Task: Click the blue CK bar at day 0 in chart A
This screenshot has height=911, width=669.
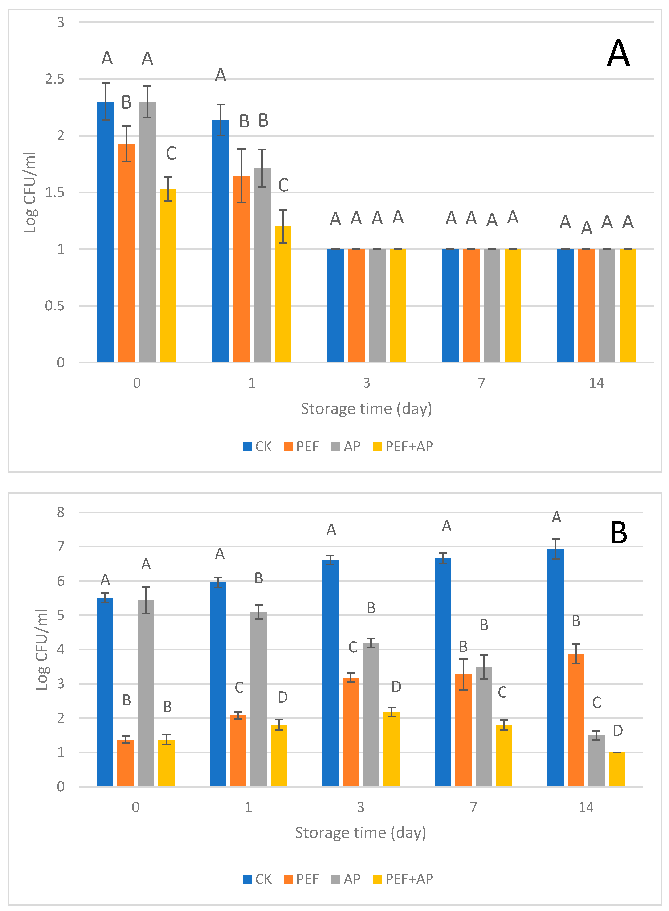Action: coord(106,232)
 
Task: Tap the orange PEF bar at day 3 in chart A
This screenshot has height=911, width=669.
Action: coord(356,305)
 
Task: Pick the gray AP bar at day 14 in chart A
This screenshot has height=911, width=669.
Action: coord(607,305)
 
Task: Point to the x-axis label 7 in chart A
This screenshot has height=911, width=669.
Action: coord(481,383)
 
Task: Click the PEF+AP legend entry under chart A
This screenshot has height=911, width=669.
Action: coord(403,446)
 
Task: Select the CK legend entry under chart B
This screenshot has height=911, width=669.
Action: coord(258,879)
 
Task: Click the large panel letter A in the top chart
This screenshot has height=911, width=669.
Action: coord(618,53)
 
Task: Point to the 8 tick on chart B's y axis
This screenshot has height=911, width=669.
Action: coord(61,512)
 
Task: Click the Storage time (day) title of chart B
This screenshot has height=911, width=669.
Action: coord(360,833)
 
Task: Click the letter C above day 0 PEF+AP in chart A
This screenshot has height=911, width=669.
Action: coord(171,153)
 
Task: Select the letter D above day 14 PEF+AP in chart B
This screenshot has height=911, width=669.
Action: coord(617,730)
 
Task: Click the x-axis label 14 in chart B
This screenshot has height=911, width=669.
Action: coord(586,807)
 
